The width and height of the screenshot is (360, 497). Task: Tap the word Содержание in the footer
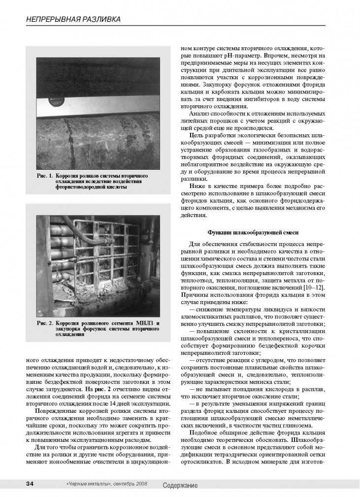coord(180,485)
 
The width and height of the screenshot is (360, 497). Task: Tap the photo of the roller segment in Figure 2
coord(98,260)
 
